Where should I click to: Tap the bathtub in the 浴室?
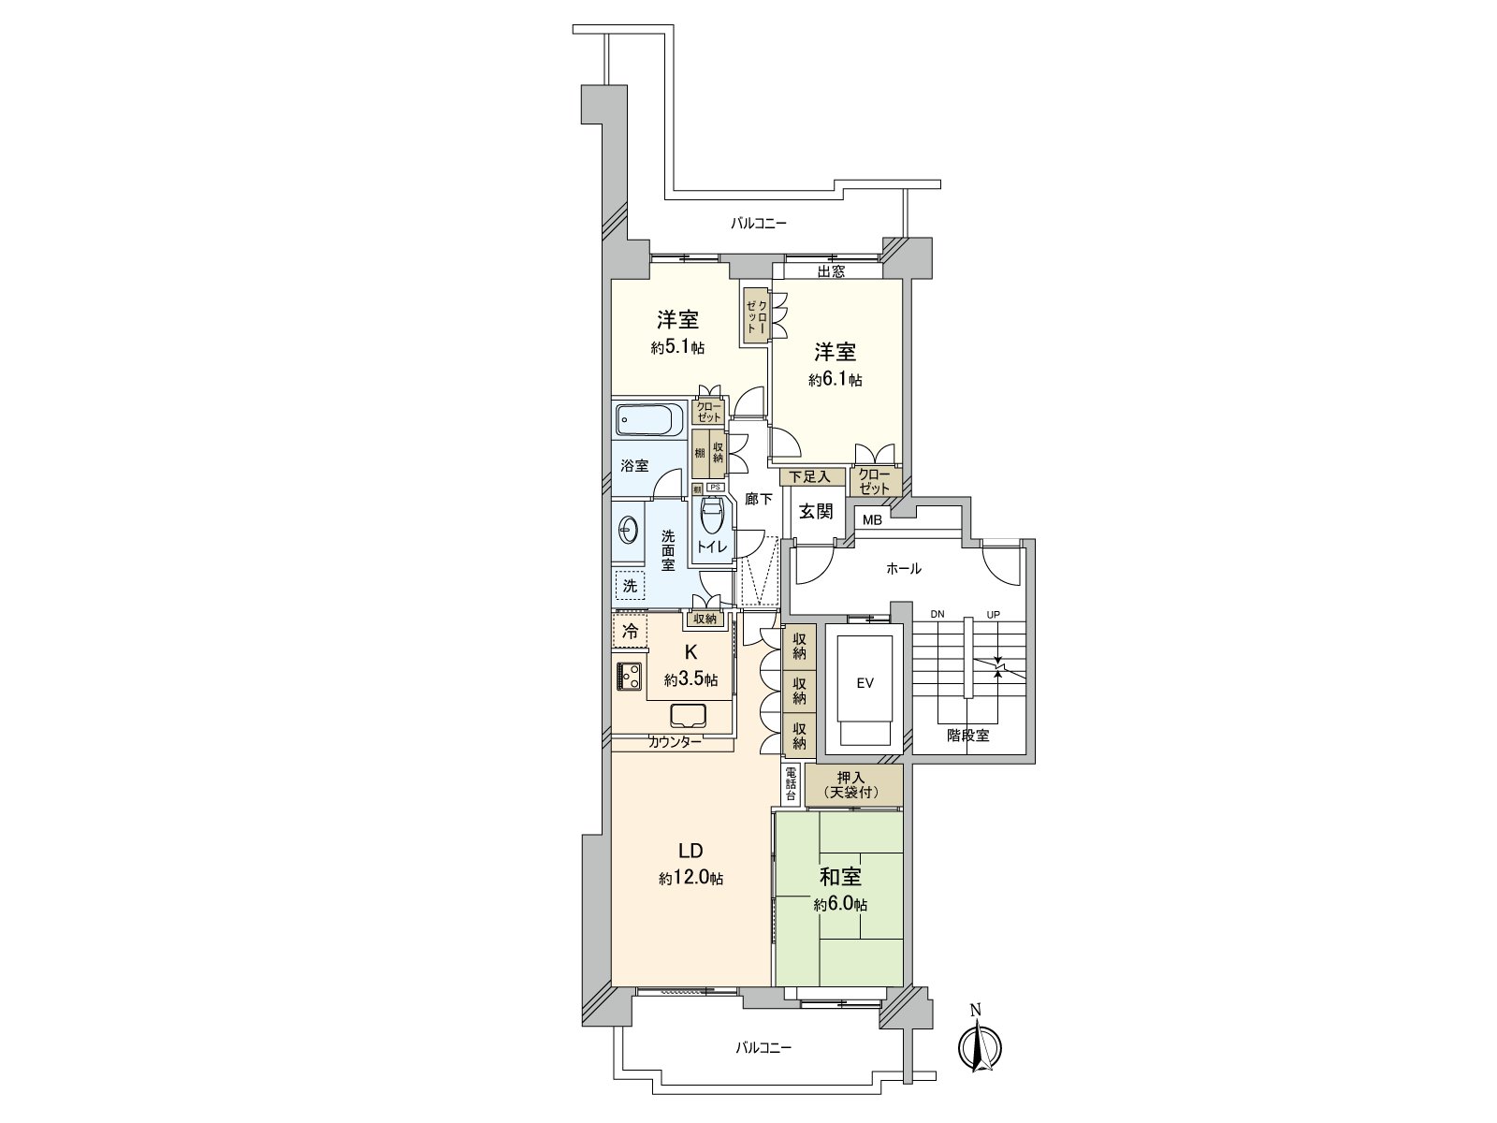(x=650, y=420)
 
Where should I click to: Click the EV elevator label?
(x=865, y=683)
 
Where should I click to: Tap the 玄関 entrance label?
(x=816, y=511)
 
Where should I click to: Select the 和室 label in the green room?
(x=840, y=876)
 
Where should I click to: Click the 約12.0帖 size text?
(x=690, y=878)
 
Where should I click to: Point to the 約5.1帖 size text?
(x=677, y=348)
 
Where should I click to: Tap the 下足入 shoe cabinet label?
(x=809, y=476)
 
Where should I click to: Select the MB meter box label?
(x=872, y=520)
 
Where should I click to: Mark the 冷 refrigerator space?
(x=631, y=632)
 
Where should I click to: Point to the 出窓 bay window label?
(x=831, y=271)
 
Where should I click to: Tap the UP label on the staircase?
(x=993, y=614)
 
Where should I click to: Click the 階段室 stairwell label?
(x=967, y=736)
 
